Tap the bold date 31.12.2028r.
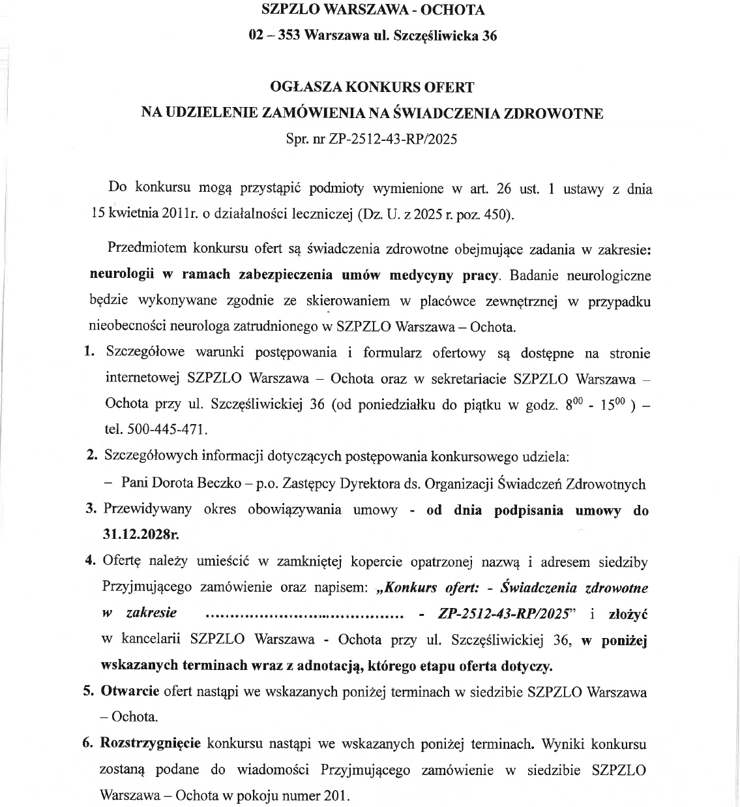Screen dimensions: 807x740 (x=141, y=534)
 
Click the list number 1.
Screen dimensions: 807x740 (x=90, y=352)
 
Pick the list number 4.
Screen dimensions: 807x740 (x=91, y=561)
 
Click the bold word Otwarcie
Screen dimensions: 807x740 (x=130, y=691)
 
